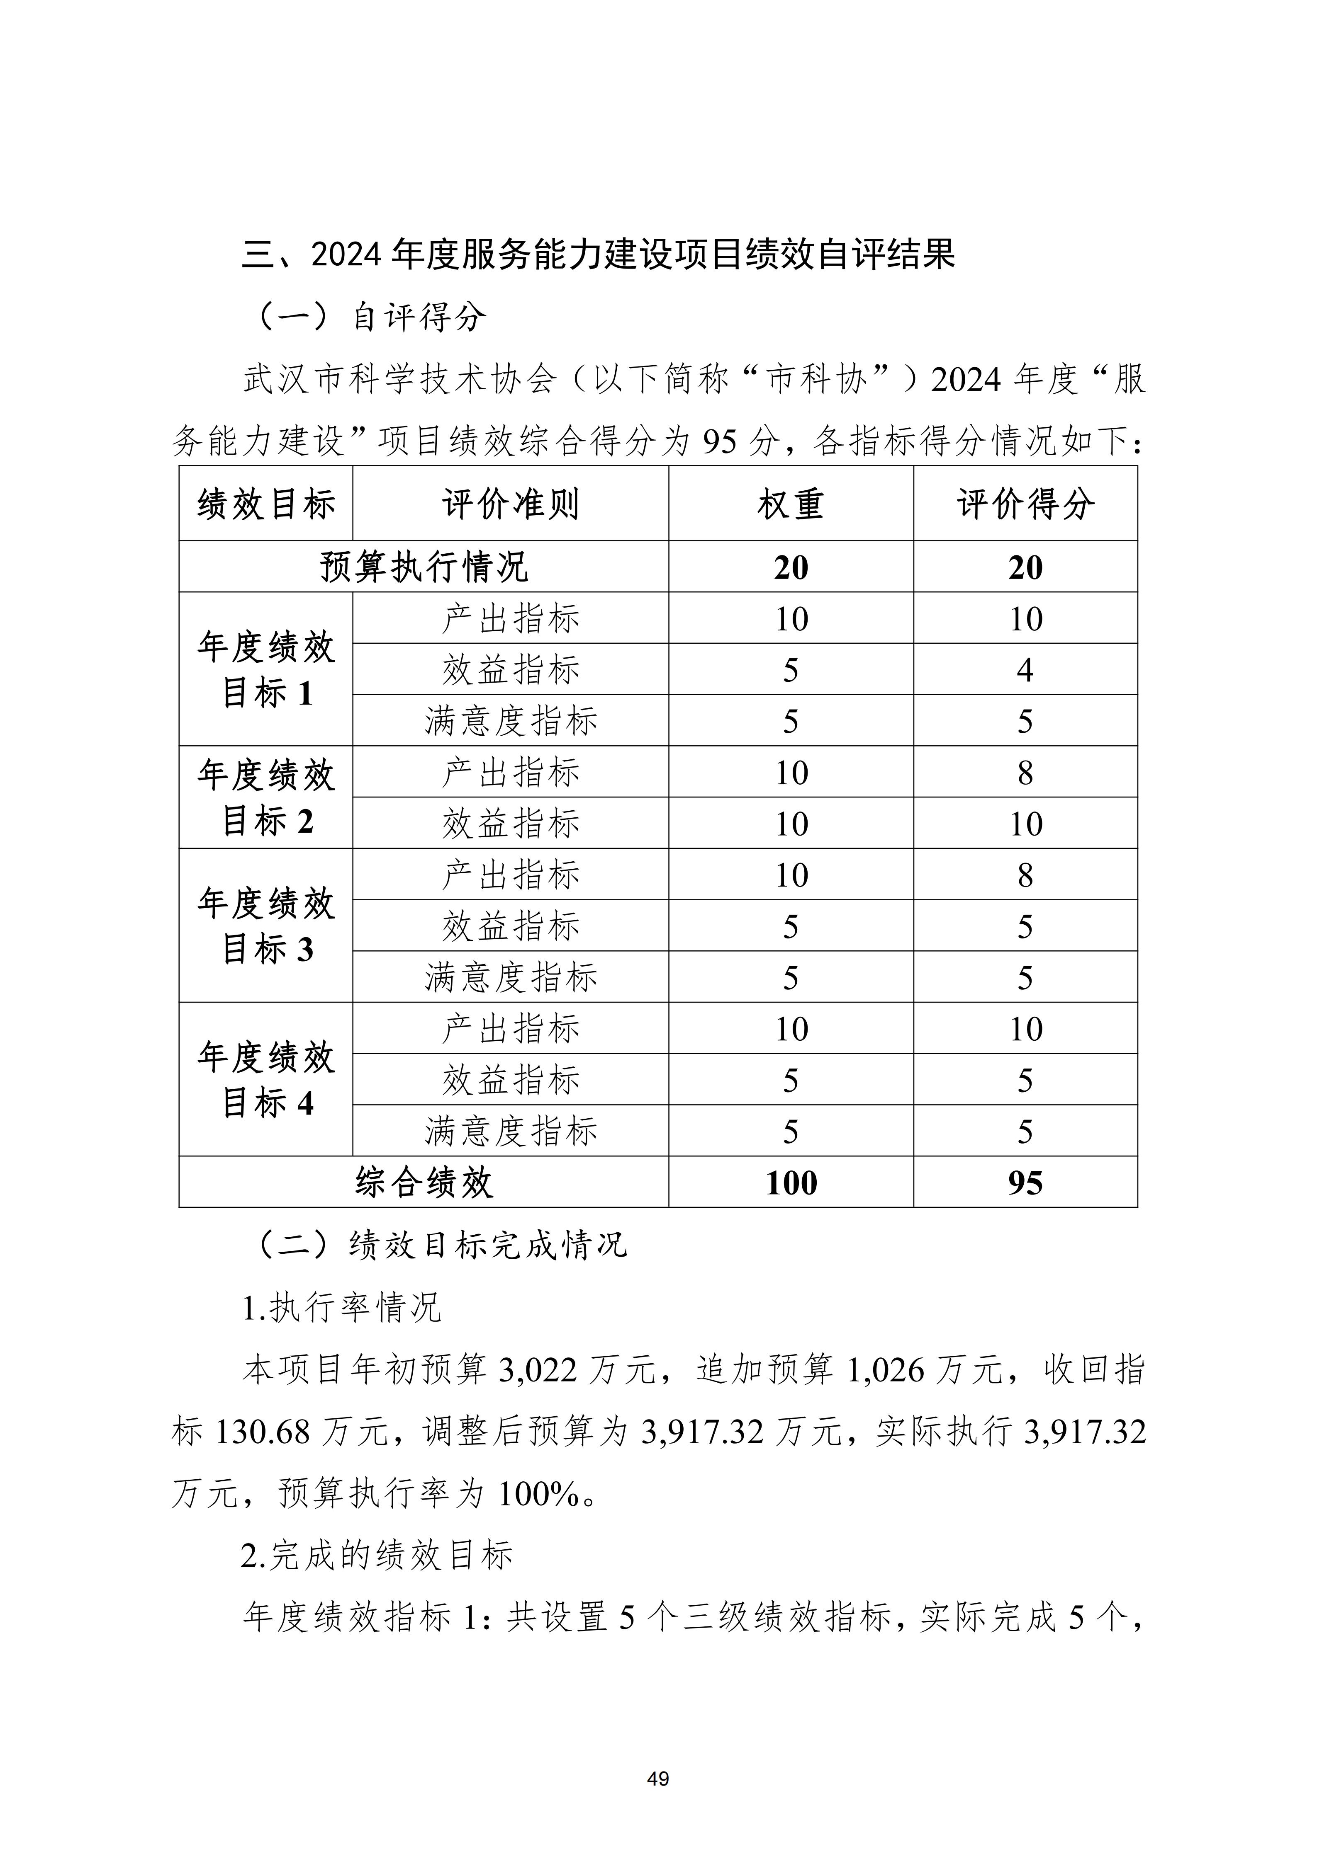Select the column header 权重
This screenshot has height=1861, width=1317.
(x=791, y=504)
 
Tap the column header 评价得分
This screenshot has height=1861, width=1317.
(x=1025, y=504)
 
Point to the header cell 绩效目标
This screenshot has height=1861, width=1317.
(x=266, y=504)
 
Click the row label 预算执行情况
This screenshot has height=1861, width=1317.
(x=424, y=567)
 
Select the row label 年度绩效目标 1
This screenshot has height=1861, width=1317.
(x=266, y=669)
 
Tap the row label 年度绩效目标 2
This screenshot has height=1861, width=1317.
(x=266, y=797)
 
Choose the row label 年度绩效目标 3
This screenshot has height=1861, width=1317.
(x=266, y=926)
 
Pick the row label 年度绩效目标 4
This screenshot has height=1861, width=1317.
(x=266, y=1080)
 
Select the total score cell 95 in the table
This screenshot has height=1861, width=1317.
(x=1025, y=1183)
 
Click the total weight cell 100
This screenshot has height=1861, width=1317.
(x=791, y=1183)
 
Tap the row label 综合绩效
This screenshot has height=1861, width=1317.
(x=424, y=1183)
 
